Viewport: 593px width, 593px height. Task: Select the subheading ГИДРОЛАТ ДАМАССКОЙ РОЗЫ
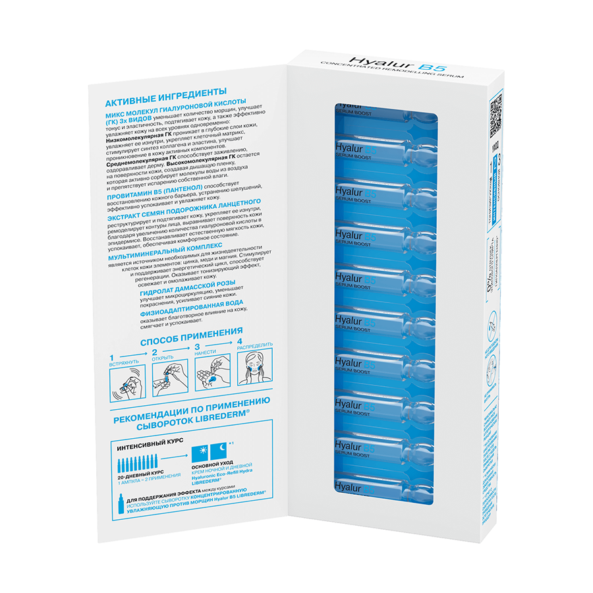tap(188, 285)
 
